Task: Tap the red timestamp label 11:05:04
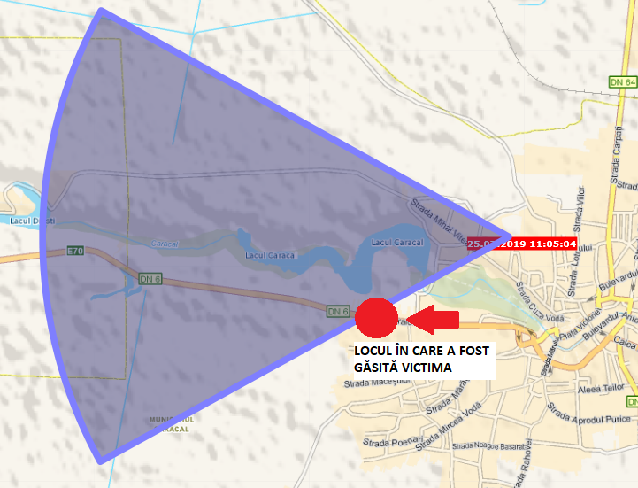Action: tap(522, 244)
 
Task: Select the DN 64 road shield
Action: tap(623, 81)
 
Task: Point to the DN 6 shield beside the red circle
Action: tap(338, 311)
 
